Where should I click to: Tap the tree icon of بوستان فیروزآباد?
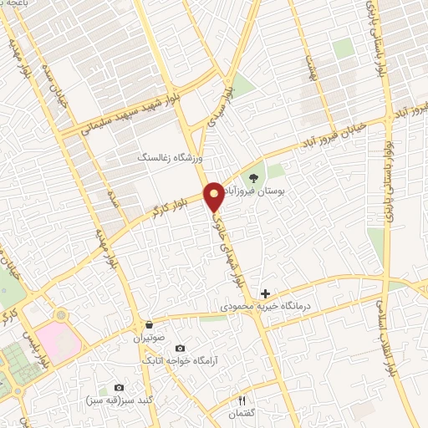tap(253, 177)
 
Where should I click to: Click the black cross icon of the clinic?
tap(266, 293)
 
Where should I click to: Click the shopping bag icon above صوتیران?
tap(149, 325)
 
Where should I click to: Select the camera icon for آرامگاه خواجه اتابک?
tap(181, 347)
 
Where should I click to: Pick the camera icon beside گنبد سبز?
tap(118, 388)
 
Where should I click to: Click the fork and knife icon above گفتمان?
tap(243, 400)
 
